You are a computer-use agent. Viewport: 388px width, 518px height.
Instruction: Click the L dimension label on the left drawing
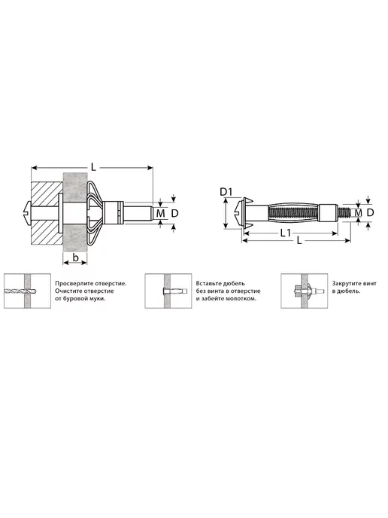click(x=94, y=167)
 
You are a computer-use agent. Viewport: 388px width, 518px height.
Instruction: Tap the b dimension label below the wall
click(x=75, y=257)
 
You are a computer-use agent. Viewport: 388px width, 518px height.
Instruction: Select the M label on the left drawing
click(x=161, y=213)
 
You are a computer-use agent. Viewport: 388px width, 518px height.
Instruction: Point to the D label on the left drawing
click(x=174, y=213)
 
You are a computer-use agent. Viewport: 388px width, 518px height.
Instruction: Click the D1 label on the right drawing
click(x=226, y=191)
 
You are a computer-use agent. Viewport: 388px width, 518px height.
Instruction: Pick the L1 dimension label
click(x=286, y=233)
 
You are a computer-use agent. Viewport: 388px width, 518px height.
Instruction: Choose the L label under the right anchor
click(x=299, y=240)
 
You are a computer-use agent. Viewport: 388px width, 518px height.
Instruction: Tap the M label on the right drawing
click(x=359, y=213)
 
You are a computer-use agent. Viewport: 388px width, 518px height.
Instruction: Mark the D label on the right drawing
click(x=370, y=212)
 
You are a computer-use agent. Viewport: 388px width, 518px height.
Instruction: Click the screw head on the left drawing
click(x=29, y=212)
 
